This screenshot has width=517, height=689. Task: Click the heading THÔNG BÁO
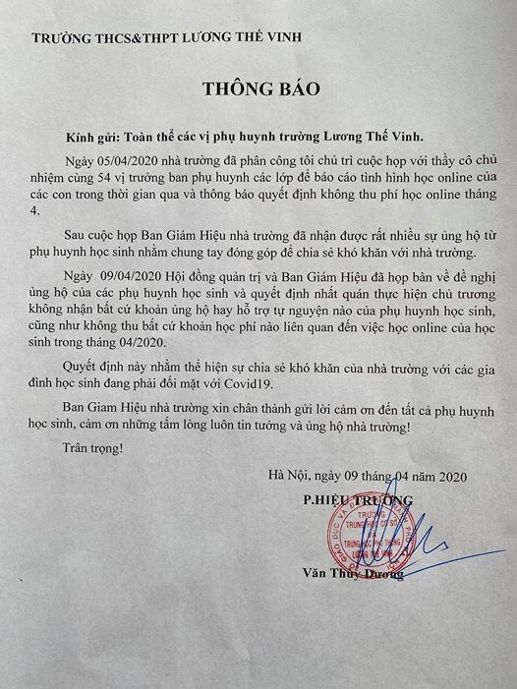pos(261,87)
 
